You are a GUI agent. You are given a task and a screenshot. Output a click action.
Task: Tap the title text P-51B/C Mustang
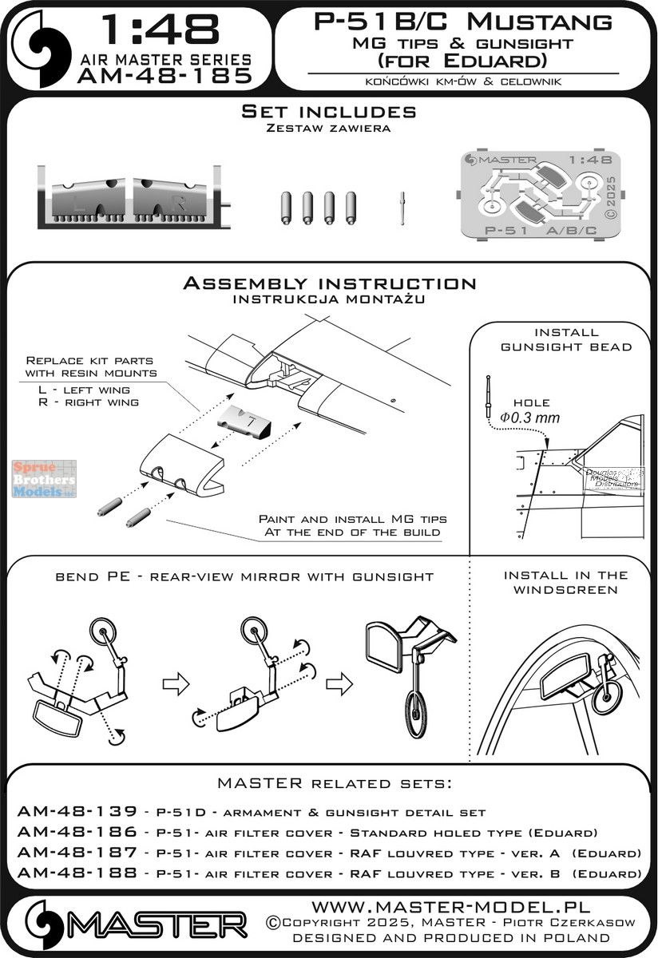[x=464, y=22]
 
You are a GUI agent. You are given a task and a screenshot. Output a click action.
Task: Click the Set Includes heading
[x=328, y=113]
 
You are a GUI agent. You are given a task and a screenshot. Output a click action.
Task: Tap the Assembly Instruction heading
[x=328, y=283]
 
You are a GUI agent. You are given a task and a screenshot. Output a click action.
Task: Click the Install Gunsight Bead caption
[x=565, y=338]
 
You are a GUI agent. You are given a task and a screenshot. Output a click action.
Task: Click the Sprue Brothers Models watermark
[x=45, y=480]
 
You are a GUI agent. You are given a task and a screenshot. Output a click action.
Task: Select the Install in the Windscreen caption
[x=565, y=582]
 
